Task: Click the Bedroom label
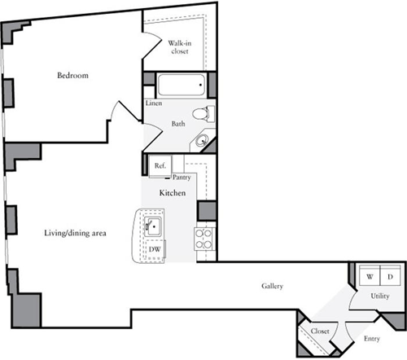(x=72, y=76)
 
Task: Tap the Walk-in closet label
(x=180, y=46)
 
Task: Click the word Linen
(x=153, y=104)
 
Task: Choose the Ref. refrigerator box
(x=160, y=166)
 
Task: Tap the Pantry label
(x=182, y=177)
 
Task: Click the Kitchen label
(x=173, y=193)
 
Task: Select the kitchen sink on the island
(x=153, y=227)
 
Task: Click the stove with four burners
(x=203, y=239)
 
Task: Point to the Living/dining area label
(x=76, y=234)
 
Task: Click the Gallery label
(x=272, y=286)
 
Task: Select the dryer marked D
(x=390, y=277)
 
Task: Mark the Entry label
(x=372, y=338)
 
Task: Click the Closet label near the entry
(x=320, y=331)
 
